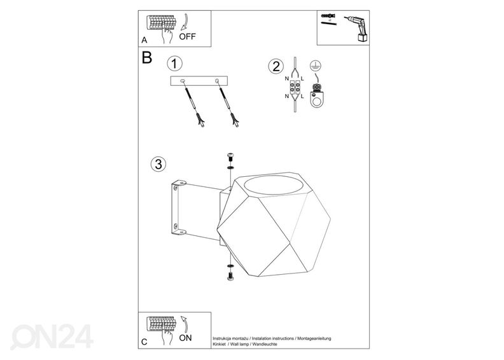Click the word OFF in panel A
click(x=187, y=36)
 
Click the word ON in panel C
click(x=185, y=338)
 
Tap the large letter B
click(x=147, y=58)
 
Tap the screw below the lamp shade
click(x=229, y=275)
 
